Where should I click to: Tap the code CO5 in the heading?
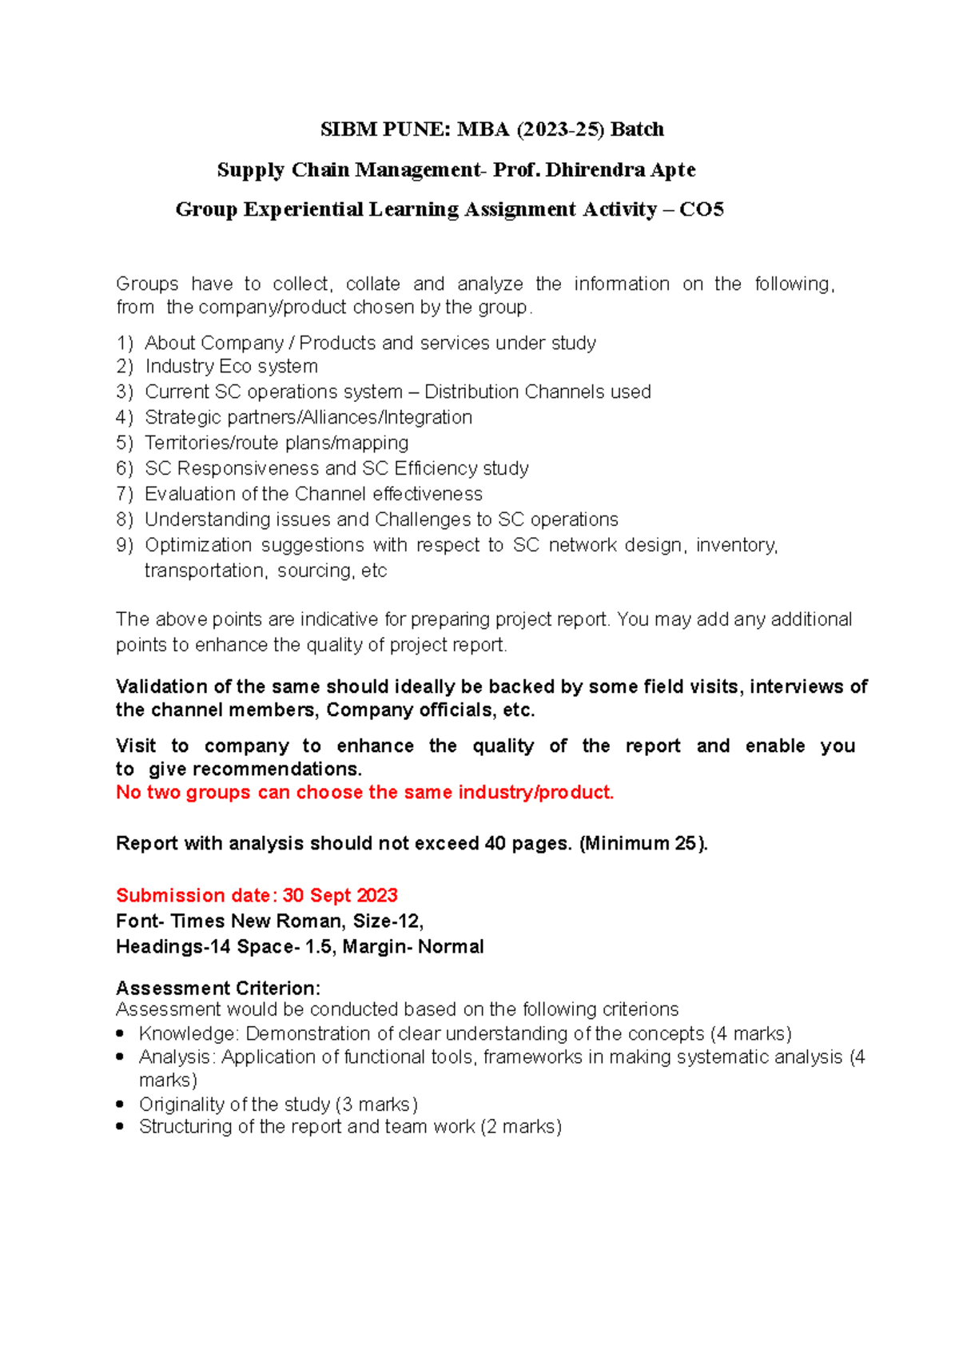(x=701, y=209)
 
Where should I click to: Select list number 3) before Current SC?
(x=124, y=392)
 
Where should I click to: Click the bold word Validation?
(x=164, y=686)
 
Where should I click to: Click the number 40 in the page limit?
(x=495, y=843)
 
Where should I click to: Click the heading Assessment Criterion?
(x=217, y=988)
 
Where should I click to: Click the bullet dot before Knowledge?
(x=120, y=1033)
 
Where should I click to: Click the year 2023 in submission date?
(x=376, y=895)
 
